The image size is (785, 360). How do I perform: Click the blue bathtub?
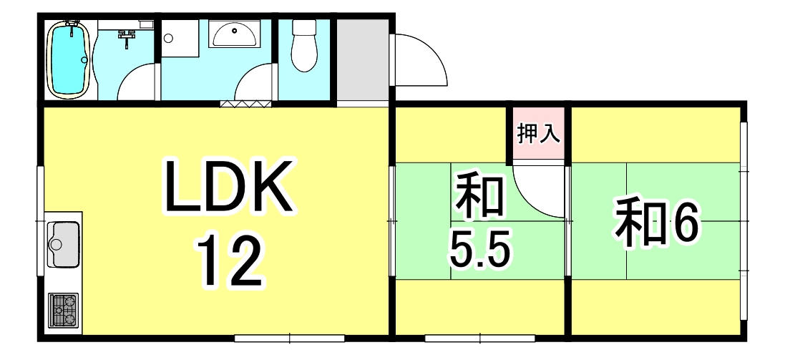click(x=69, y=59)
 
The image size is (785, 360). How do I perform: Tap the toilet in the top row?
click(x=305, y=47)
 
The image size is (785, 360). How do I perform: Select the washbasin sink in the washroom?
click(x=235, y=34)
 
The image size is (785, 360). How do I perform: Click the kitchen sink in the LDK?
click(x=64, y=243)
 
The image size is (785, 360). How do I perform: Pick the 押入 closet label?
click(x=538, y=133)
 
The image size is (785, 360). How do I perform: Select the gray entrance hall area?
click(x=362, y=62)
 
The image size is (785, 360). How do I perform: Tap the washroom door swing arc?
click(x=254, y=84)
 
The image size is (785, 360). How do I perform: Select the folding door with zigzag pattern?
click(x=245, y=104)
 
